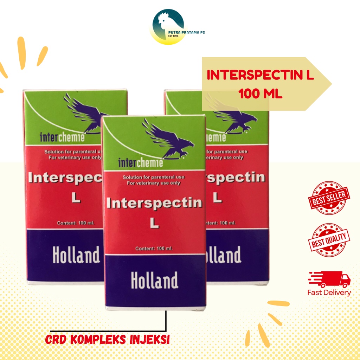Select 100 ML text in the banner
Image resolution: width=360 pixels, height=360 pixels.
tap(260, 94)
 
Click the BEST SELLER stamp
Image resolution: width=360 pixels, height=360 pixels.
tap(329, 198)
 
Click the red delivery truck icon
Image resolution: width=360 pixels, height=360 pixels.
tap(330, 279)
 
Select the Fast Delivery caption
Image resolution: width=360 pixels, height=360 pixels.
tap(329, 292)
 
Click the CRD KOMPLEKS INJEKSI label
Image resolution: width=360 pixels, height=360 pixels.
tap(108, 340)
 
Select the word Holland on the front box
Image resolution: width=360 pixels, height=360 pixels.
tap(154, 280)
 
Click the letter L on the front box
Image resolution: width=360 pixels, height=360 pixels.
tap(154, 223)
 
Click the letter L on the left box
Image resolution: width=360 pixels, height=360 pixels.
tap(76, 198)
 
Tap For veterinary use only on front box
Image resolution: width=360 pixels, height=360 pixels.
tap(153, 183)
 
